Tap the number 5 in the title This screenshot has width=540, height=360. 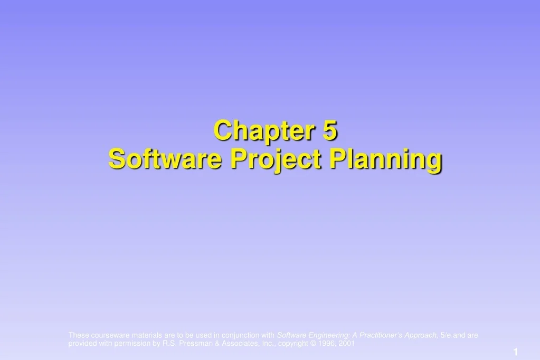[x=331, y=130]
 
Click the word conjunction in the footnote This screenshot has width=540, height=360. [x=241, y=335]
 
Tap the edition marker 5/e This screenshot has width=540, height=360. [x=447, y=335]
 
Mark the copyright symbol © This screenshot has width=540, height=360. [x=311, y=343]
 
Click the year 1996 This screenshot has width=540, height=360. [x=325, y=343]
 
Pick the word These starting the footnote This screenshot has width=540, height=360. [x=79, y=335]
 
